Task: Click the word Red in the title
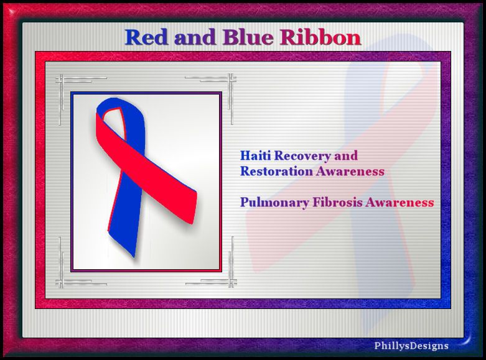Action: click(x=146, y=37)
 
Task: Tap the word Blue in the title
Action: click(x=248, y=37)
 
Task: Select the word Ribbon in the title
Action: click(x=320, y=37)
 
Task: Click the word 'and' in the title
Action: click(x=195, y=37)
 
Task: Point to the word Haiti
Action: click(x=256, y=155)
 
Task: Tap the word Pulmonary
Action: click(x=274, y=203)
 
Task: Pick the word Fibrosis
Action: click(x=337, y=202)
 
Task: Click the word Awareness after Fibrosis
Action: click(x=400, y=203)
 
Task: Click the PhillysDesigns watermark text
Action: click(x=411, y=346)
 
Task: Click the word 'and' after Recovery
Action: click(x=346, y=155)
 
